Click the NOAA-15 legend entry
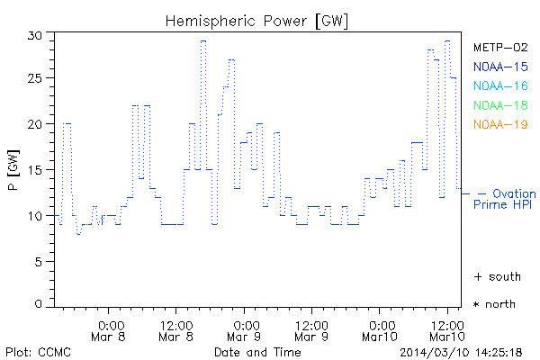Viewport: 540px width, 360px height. tap(499, 67)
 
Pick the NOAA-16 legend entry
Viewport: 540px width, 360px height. tap(499, 85)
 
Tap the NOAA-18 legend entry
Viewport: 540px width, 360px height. tap(499, 105)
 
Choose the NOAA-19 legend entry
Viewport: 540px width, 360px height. tap(499, 124)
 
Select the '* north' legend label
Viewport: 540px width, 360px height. tap(496, 304)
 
